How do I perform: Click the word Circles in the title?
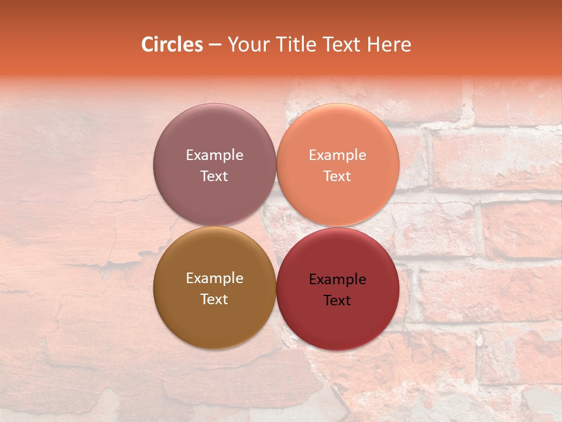(172, 45)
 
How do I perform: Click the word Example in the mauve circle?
(214, 155)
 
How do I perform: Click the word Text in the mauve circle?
(214, 176)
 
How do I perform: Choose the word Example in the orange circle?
(337, 155)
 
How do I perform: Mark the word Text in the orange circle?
(337, 176)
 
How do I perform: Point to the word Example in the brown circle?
(214, 278)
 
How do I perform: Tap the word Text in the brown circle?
(214, 299)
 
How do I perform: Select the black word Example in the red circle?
(337, 280)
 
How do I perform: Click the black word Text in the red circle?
(337, 300)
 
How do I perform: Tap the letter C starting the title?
(148, 45)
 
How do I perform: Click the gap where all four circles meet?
(276, 226)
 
